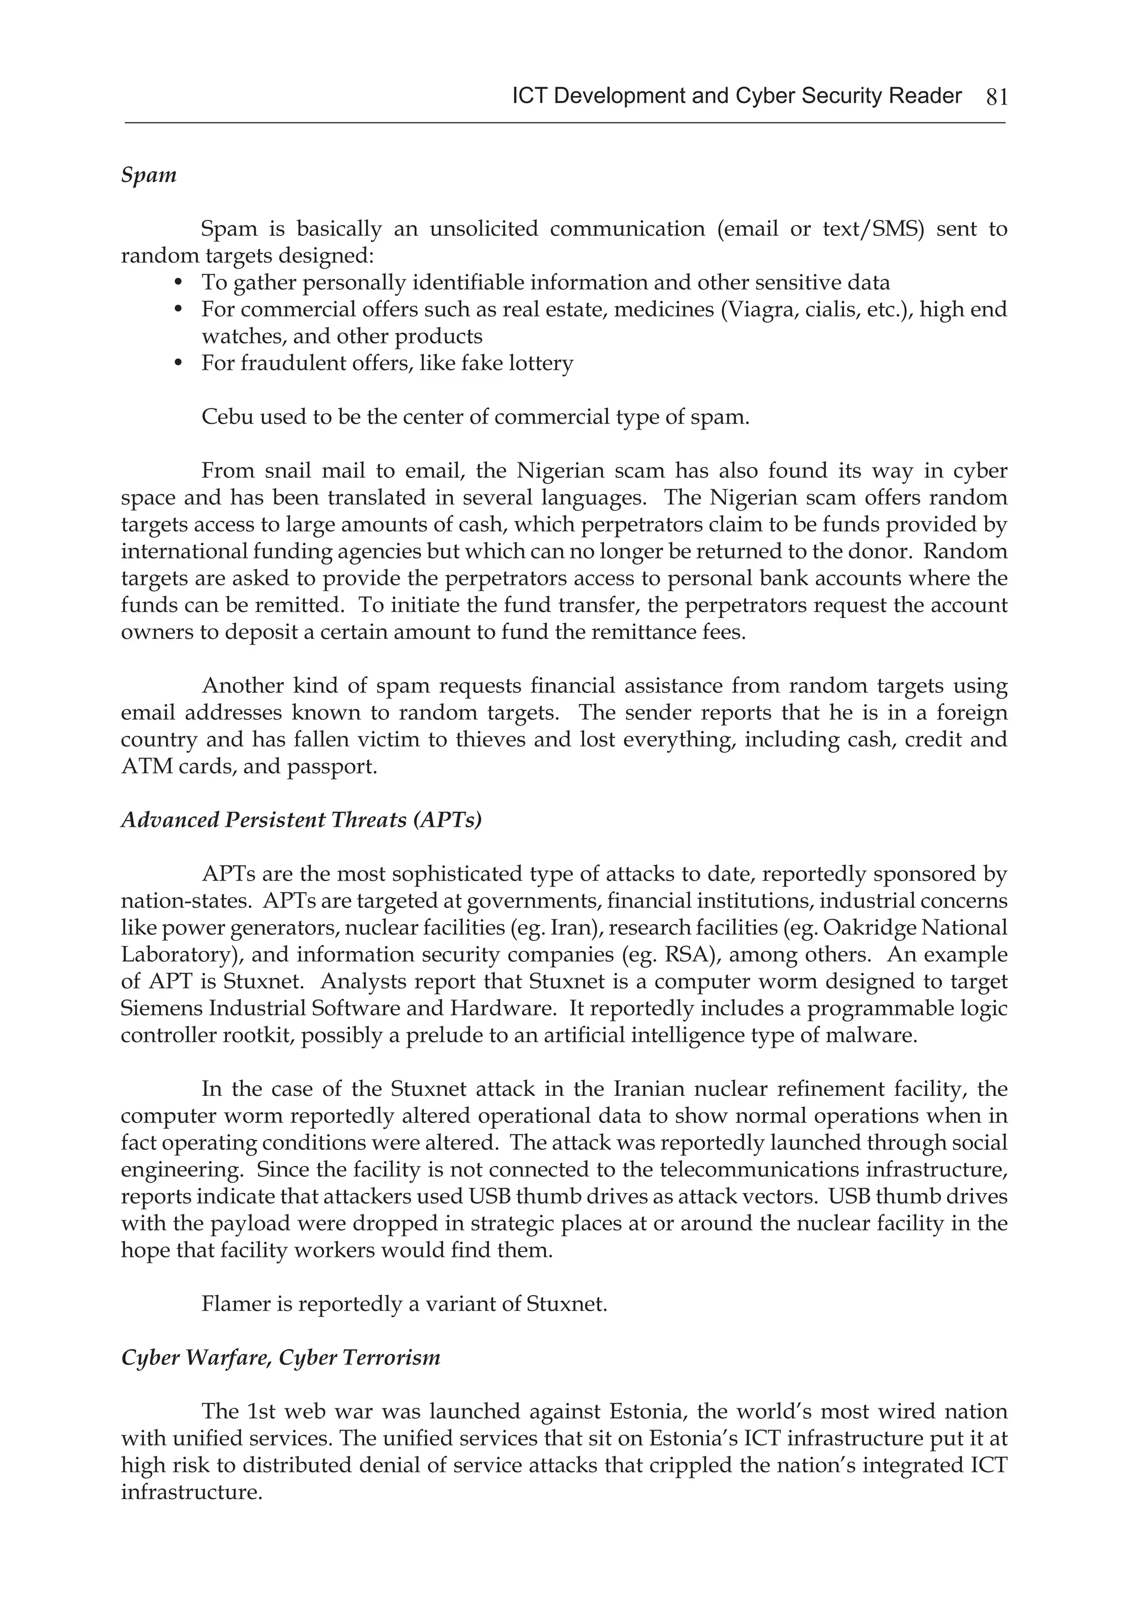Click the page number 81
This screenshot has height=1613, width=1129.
(x=997, y=97)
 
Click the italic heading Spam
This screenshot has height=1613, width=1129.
(x=148, y=174)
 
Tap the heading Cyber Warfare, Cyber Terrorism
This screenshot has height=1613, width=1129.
(x=280, y=1357)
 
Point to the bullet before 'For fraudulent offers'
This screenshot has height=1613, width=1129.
(x=179, y=363)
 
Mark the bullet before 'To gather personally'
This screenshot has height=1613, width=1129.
(x=179, y=282)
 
